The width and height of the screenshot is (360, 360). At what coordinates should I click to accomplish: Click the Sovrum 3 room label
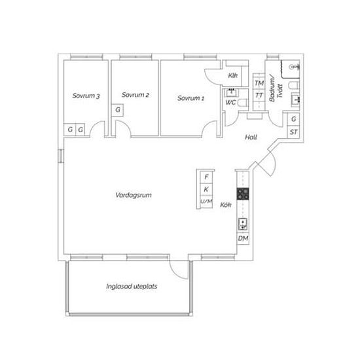click(x=86, y=96)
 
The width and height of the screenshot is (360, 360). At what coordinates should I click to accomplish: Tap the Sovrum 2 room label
click(x=135, y=95)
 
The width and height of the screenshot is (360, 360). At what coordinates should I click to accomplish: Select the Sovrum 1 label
click(x=190, y=98)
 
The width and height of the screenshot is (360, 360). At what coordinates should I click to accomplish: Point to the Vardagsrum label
click(x=134, y=195)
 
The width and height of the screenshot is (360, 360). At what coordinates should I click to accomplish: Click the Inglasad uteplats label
click(x=132, y=286)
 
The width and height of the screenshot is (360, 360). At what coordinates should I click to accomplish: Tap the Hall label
click(x=251, y=137)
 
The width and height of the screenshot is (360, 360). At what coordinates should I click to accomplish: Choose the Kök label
click(x=226, y=205)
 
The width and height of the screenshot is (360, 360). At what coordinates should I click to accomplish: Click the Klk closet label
click(x=232, y=75)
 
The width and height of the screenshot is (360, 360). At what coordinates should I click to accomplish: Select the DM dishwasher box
click(x=243, y=238)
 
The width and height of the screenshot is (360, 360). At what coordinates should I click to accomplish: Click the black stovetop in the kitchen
click(x=243, y=194)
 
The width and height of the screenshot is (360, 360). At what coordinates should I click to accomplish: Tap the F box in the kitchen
click(x=206, y=177)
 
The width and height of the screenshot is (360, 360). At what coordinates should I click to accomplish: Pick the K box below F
click(x=206, y=189)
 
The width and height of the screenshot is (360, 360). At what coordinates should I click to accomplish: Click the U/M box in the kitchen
click(x=206, y=202)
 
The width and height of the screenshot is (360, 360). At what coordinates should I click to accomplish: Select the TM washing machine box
click(x=259, y=83)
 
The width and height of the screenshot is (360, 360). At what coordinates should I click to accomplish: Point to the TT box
click(x=259, y=96)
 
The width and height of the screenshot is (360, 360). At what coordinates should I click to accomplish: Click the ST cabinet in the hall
click(x=293, y=132)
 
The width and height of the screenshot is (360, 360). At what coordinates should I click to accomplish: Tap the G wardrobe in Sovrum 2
click(x=118, y=110)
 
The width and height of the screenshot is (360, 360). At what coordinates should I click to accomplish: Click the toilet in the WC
click(x=243, y=103)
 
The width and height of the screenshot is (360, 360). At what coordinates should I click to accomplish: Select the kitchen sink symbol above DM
click(x=243, y=225)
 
